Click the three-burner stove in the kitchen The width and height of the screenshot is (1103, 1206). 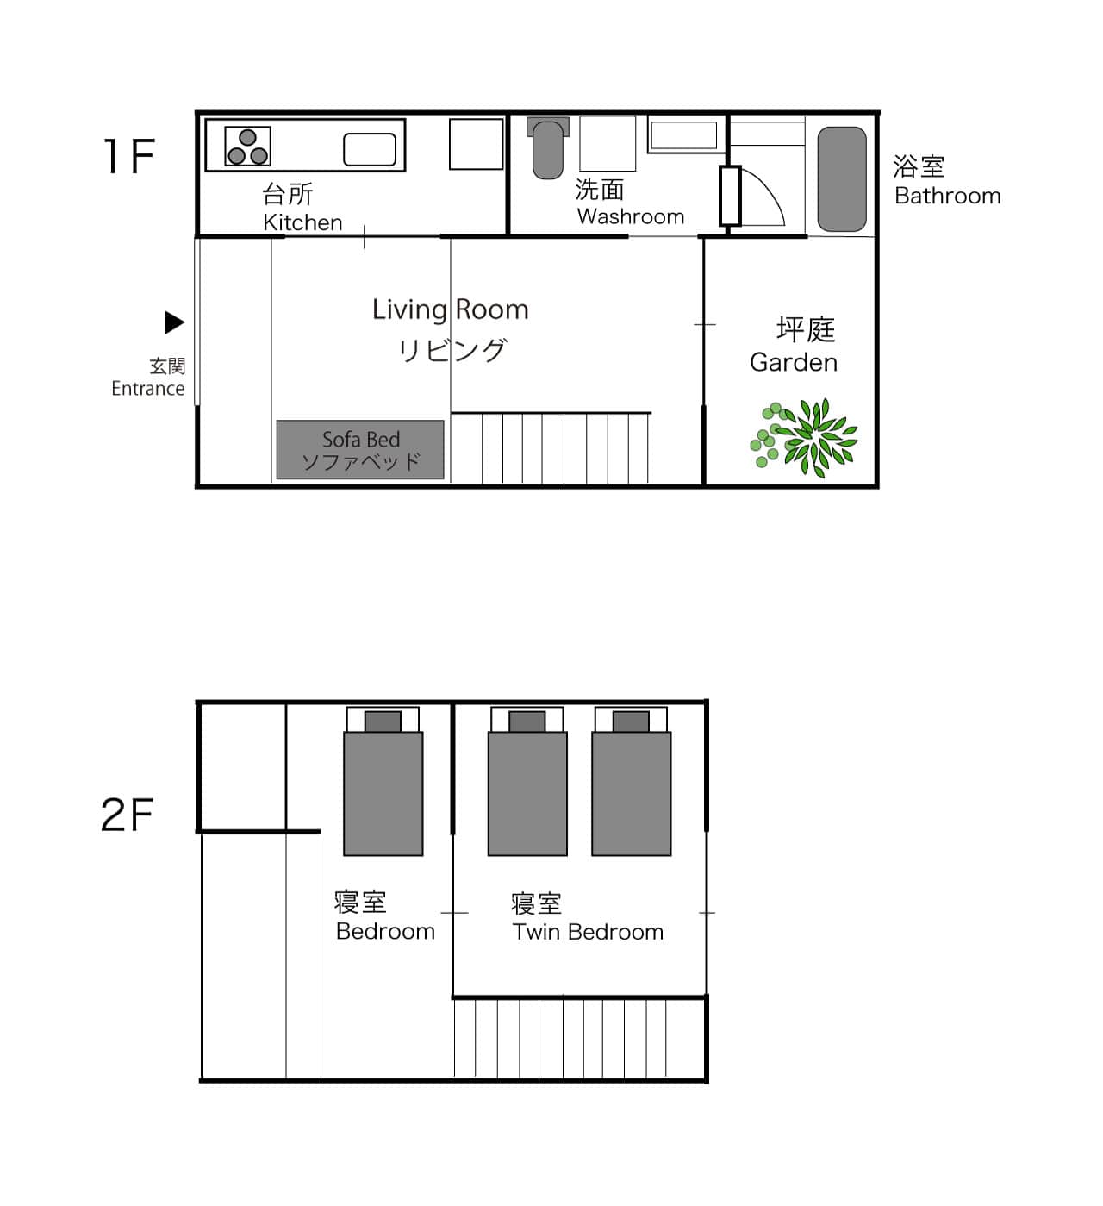click(x=247, y=146)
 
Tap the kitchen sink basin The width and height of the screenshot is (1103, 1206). click(x=369, y=149)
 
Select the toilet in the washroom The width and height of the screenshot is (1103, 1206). click(x=547, y=148)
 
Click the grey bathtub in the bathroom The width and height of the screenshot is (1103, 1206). click(x=842, y=178)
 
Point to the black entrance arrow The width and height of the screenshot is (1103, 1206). click(x=174, y=322)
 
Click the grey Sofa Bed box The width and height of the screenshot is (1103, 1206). click(x=360, y=450)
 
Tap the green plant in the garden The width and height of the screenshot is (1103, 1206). click(x=804, y=437)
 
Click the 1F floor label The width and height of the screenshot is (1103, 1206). click(x=129, y=156)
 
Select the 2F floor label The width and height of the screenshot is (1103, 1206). click(x=128, y=815)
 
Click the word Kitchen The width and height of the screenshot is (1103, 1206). click(x=302, y=222)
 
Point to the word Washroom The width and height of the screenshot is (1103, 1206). click(x=631, y=216)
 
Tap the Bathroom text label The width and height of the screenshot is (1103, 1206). click(x=947, y=196)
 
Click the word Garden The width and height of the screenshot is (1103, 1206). click(x=794, y=363)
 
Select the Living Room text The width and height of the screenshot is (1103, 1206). click(x=450, y=309)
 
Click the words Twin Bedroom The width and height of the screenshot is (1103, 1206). click(x=588, y=932)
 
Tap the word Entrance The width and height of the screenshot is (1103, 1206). click(x=148, y=389)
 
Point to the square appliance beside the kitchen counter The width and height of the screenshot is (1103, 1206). click(x=476, y=144)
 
